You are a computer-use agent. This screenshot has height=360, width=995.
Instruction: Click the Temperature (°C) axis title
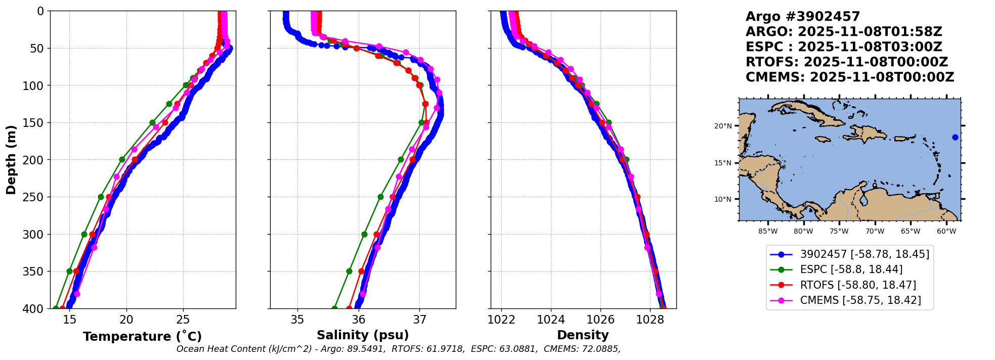click(142, 336)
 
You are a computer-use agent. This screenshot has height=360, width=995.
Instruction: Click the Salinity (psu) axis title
click(363, 335)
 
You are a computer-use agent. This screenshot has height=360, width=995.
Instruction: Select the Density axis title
click(583, 335)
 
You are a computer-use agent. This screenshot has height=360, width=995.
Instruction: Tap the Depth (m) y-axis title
click(11, 160)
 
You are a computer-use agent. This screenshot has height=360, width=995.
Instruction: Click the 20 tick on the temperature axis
click(126, 320)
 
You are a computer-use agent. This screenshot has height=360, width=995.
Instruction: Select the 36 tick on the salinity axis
click(359, 320)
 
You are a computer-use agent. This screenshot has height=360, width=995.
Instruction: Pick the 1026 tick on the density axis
click(600, 320)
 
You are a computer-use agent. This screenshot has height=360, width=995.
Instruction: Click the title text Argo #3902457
click(803, 17)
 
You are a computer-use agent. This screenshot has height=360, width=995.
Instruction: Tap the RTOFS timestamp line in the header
click(847, 62)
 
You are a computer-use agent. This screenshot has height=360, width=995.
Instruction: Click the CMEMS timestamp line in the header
click(850, 77)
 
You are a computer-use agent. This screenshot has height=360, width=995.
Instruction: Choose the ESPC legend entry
click(836, 270)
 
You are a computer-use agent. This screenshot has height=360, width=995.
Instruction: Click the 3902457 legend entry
click(849, 254)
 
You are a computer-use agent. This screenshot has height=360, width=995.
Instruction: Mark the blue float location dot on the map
click(955, 137)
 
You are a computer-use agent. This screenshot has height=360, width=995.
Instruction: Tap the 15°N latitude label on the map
click(723, 163)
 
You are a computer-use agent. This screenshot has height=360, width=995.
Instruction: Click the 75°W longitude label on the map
click(839, 232)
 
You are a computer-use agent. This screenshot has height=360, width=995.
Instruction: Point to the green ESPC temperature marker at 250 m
click(101, 197)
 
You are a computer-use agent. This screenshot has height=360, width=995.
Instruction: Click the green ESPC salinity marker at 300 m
click(364, 234)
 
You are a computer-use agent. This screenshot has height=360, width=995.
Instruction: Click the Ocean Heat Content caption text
click(399, 349)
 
